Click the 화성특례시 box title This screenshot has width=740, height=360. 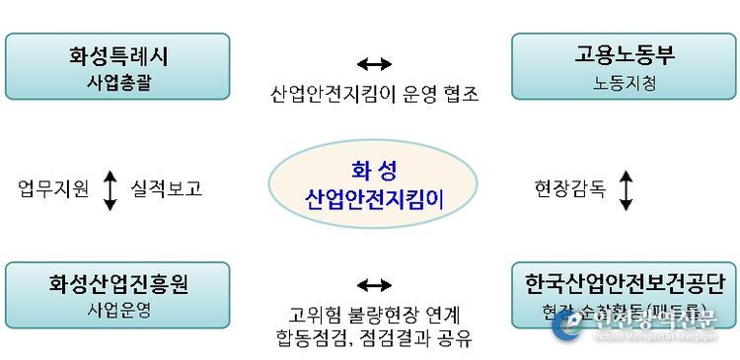[117, 55]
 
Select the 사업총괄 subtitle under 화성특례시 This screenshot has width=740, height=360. [117, 82]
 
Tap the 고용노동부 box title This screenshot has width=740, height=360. [624, 55]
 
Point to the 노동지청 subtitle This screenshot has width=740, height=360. [624, 83]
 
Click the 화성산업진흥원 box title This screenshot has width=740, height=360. [117, 284]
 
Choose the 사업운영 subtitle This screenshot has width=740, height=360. [117, 310]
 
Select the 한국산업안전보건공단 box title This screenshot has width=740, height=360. [624, 284]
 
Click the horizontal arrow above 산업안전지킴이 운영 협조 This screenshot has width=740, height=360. [374, 65]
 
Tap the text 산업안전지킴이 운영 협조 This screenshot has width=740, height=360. [374, 94]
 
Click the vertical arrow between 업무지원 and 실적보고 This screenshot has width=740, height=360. [111, 189]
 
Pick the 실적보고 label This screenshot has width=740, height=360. [166, 188]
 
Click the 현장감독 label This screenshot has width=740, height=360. [569, 188]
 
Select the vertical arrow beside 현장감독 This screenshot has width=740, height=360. [626, 189]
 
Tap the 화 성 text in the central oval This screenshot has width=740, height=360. [374, 167]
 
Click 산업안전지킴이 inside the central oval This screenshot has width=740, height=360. [374, 200]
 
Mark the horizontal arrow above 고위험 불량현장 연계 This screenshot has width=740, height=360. [374, 286]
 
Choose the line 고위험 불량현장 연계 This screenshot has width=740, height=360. [374, 316]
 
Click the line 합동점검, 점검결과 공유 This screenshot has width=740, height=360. [374, 339]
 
